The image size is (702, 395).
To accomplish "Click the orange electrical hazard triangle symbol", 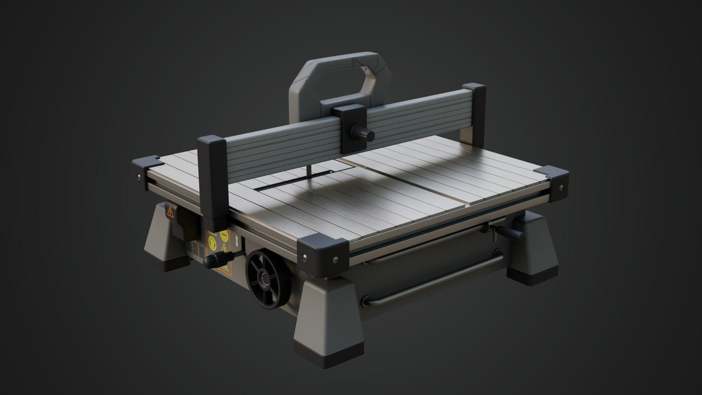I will (x=170, y=212).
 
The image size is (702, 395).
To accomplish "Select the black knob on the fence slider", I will (x=364, y=133).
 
